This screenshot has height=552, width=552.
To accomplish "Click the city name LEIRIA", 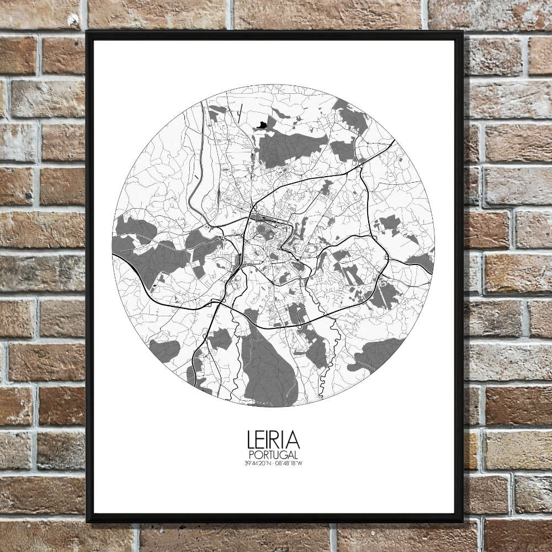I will click(x=273, y=440).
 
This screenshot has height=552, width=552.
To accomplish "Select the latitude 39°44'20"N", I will click(x=258, y=463).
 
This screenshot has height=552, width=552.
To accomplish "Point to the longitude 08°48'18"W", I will click(x=289, y=463).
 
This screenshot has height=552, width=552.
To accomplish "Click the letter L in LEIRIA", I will click(x=251, y=440).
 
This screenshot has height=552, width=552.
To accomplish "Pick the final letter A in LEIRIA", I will click(x=294, y=440).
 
